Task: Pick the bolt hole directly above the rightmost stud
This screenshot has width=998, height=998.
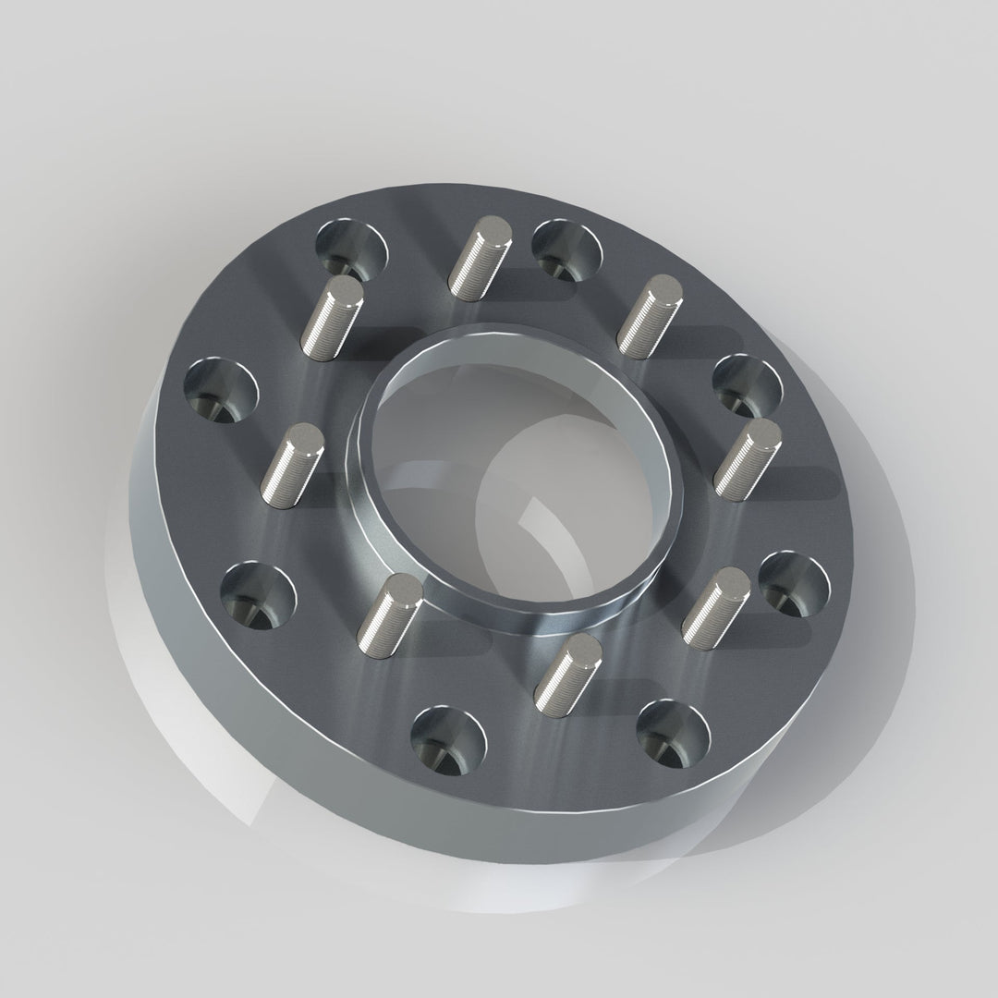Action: [x=748, y=386]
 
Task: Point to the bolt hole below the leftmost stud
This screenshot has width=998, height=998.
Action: [x=258, y=592]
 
